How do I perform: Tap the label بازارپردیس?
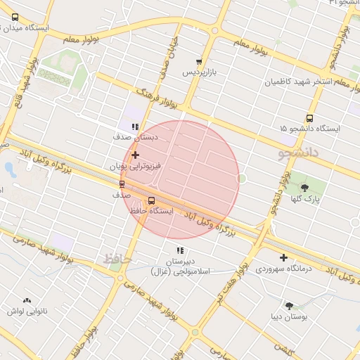(x=200, y=72)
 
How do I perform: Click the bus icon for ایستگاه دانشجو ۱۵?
(x=309, y=118)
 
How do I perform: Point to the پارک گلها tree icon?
(x=304, y=187)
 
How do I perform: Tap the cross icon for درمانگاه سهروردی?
(x=283, y=257)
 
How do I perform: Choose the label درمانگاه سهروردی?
(x=283, y=269)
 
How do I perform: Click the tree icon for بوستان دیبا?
(x=289, y=305)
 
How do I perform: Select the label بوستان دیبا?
(x=289, y=317)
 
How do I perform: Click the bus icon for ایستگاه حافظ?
(x=152, y=200)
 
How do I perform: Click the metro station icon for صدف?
(x=122, y=184)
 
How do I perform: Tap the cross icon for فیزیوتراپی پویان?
(x=135, y=155)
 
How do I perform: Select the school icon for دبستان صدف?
(x=135, y=127)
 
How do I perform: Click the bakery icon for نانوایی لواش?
(x=27, y=300)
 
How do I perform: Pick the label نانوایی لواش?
(x=27, y=311)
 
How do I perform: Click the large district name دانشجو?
(x=298, y=151)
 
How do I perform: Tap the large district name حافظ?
(x=117, y=259)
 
